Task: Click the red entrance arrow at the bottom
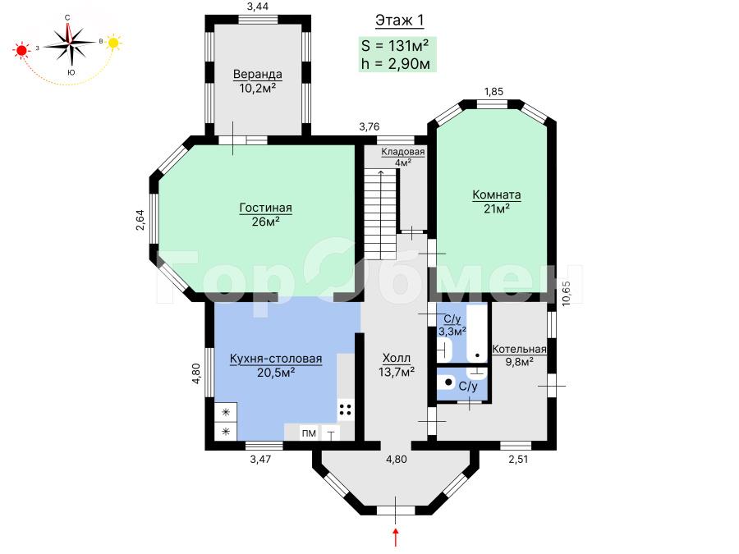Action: [396, 538]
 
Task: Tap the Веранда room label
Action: [257, 75]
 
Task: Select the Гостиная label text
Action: [266, 208]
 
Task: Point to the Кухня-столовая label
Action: [276, 359]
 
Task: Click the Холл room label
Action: [397, 359]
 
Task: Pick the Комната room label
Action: [496, 195]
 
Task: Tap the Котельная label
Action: [519, 349]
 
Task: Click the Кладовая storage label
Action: [403, 152]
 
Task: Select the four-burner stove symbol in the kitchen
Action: [346, 409]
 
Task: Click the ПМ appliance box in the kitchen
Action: [309, 433]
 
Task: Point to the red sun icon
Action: [21, 49]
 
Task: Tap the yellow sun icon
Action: [113, 43]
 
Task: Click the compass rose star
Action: [70, 43]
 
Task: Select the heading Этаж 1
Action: [400, 21]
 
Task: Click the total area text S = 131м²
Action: [395, 46]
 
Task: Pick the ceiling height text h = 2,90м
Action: [396, 63]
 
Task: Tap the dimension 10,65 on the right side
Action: [566, 293]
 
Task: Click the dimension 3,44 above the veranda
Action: [258, 6]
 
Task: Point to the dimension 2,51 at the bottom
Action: [518, 460]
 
